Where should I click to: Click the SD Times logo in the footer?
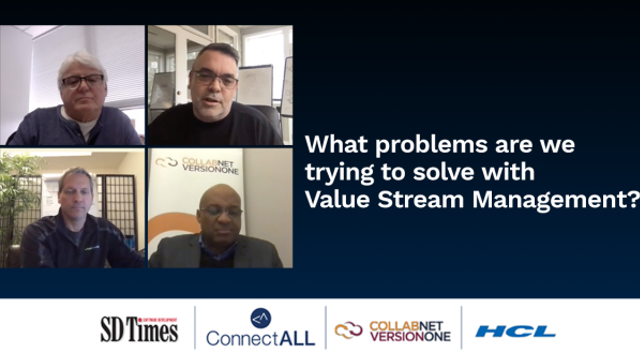pyautogui.click(x=139, y=329)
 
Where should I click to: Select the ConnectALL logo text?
pyautogui.click(x=260, y=338)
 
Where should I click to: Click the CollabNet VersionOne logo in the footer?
pyautogui.click(x=391, y=330)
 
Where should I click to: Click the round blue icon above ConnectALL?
pyautogui.click(x=260, y=318)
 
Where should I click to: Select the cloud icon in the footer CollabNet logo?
pyautogui.click(x=349, y=330)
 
